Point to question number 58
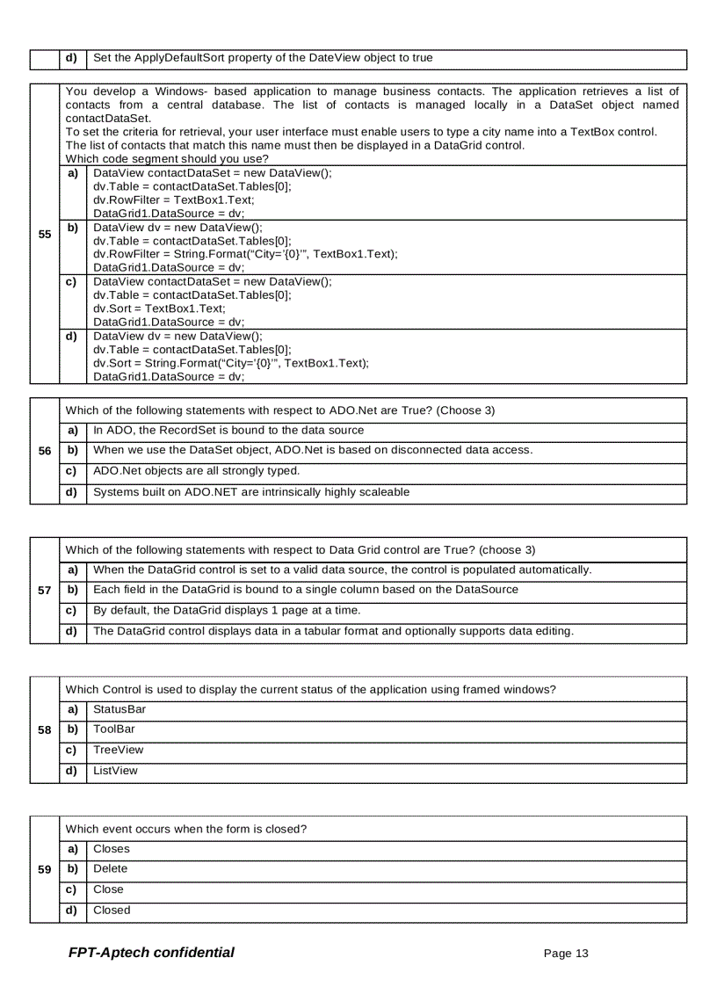(x=44, y=729)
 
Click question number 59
(x=44, y=868)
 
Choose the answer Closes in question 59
(x=112, y=848)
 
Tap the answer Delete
(x=111, y=868)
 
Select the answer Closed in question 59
(x=112, y=911)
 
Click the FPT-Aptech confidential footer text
(x=151, y=953)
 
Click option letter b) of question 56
(x=73, y=450)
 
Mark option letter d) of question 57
(x=73, y=631)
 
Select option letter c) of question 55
(x=73, y=282)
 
